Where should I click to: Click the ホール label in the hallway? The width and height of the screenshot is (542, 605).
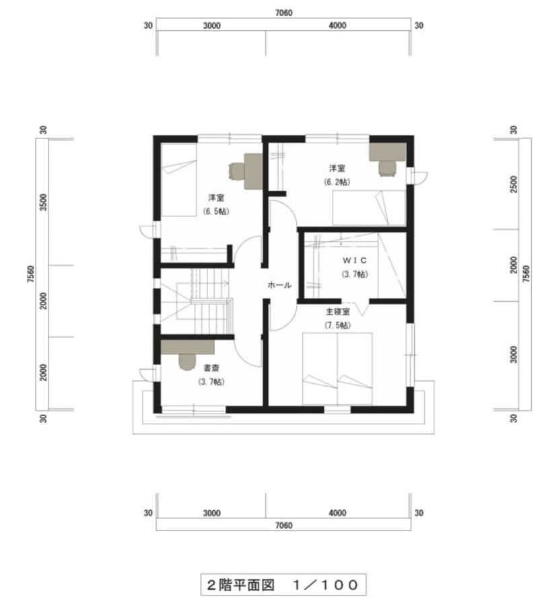pos(279,285)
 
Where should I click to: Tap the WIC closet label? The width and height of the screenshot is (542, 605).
pos(355,260)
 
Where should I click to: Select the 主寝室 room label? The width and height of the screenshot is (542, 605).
pos(337,311)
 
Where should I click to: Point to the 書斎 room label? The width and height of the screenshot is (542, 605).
pos(211,368)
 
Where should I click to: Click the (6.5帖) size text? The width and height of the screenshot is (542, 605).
pos(215,211)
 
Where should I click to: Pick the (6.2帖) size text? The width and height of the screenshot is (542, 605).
pos(337,182)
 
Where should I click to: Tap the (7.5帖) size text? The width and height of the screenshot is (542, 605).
pos(338,325)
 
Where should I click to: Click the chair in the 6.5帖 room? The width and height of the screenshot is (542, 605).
pos(236,171)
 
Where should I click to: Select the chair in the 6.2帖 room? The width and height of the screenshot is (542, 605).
pos(387,169)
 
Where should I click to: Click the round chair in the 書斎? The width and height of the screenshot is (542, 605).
pos(187,362)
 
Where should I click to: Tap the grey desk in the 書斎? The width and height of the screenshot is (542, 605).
pos(187,347)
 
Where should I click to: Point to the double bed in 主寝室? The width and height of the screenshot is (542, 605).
pos(337,368)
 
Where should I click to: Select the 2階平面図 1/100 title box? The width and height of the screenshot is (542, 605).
pos(283,585)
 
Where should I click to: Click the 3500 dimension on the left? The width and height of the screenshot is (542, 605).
pos(43,202)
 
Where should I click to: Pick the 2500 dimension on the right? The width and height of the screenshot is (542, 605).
pos(514,184)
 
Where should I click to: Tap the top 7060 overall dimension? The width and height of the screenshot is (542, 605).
pos(283,13)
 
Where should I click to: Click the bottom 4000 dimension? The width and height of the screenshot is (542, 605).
pos(337,513)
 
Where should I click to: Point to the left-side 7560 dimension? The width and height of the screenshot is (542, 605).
pos(31,274)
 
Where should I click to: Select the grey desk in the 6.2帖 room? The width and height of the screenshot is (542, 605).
pos(387,152)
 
